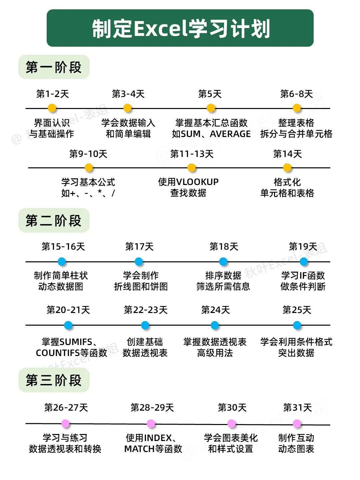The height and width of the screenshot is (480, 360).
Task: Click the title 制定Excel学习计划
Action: pyautogui.click(x=180, y=29)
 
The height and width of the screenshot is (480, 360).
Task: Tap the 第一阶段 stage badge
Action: pyautogui.click(x=54, y=67)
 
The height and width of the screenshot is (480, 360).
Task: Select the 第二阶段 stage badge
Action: pyautogui.click(x=54, y=221)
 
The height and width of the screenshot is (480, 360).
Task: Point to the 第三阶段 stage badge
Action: pyautogui.click(x=54, y=380)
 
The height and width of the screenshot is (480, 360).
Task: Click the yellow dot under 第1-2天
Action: pyautogui.click(x=52, y=108)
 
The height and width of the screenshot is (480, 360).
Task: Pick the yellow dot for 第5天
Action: pyautogui.click(x=211, y=108)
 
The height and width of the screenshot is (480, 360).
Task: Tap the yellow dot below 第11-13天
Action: pyautogui.click(x=192, y=168)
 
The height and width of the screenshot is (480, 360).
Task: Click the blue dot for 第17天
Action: pyautogui.click(x=139, y=262)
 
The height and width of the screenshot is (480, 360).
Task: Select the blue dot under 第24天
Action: pyautogui.click(x=215, y=325)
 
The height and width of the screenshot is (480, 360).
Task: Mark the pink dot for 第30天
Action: pyautogui.click(x=232, y=424)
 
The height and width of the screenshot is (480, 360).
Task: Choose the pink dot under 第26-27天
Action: pyautogui.click(x=65, y=424)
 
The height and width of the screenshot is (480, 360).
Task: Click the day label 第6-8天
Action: pyautogui.click(x=296, y=94)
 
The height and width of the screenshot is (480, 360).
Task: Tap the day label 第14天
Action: pyautogui.click(x=287, y=154)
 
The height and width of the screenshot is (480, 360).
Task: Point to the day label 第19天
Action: pyautogui.click(x=303, y=247)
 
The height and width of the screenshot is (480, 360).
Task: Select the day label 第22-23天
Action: pyautogui.click(x=145, y=310)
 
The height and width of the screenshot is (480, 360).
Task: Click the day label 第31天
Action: pyautogui.click(x=297, y=408)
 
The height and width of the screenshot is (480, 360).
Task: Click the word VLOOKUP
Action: pyautogui.click(x=197, y=182)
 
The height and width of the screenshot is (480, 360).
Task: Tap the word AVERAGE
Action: pyautogui.click(x=230, y=134)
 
